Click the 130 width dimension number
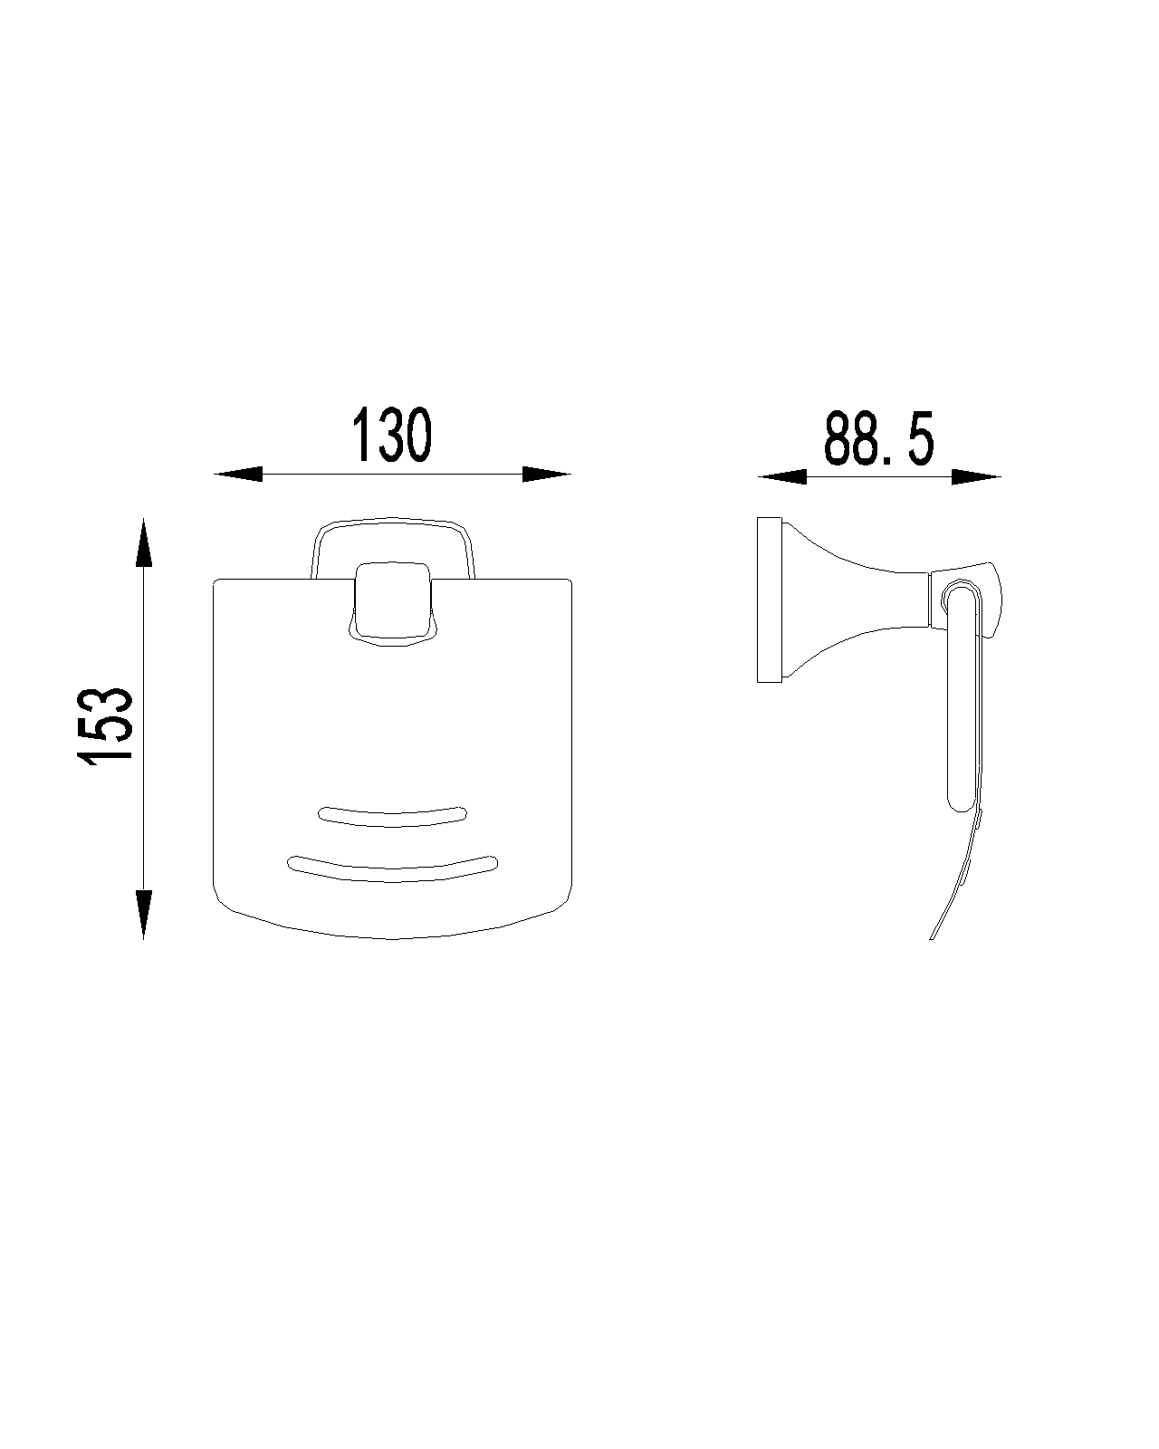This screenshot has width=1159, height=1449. [x=391, y=435]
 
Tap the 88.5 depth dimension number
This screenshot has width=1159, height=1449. [x=879, y=438]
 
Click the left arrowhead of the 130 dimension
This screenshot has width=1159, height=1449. [x=238, y=474]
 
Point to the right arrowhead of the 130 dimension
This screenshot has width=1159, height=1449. [x=547, y=474]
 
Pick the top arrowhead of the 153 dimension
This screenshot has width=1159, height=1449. [x=143, y=542]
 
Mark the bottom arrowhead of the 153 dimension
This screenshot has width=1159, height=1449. [x=143, y=915]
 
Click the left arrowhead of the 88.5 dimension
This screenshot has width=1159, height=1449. [x=781, y=476]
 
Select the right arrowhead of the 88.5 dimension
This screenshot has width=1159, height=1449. [x=976, y=476]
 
